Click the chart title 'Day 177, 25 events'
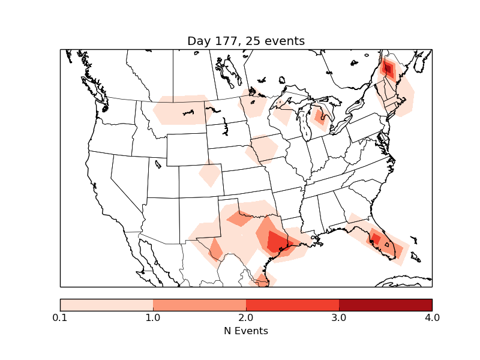coord(246,41)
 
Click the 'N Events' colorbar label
coord(246,331)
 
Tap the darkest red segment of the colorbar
coord(385,305)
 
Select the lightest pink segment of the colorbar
coord(107,305)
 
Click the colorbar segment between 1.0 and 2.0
coord(199,305)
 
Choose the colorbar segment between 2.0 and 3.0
coord(292,305)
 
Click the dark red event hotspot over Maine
coord(388,69)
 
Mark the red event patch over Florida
coord(377,238)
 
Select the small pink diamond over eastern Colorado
coord(209,175)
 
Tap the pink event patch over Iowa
coord(264,149)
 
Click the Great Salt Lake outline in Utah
coord(157,163)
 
